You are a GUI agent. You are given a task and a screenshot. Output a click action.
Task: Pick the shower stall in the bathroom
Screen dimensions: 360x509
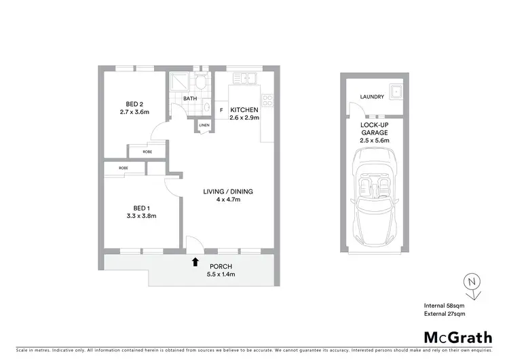(x=180, y=82)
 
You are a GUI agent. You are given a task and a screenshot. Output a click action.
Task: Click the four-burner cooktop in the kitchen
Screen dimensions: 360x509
(x=267, y=103)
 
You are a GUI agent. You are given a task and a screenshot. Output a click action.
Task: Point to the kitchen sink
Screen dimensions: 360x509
(x=244, y=79)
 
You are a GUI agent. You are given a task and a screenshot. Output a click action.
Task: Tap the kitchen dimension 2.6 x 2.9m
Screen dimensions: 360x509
(x=244, y=118)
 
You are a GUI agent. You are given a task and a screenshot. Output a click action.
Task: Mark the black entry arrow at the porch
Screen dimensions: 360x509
(x=195, y=261)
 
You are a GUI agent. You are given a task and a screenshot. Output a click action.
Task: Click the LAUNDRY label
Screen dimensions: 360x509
(x=372, y=97)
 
